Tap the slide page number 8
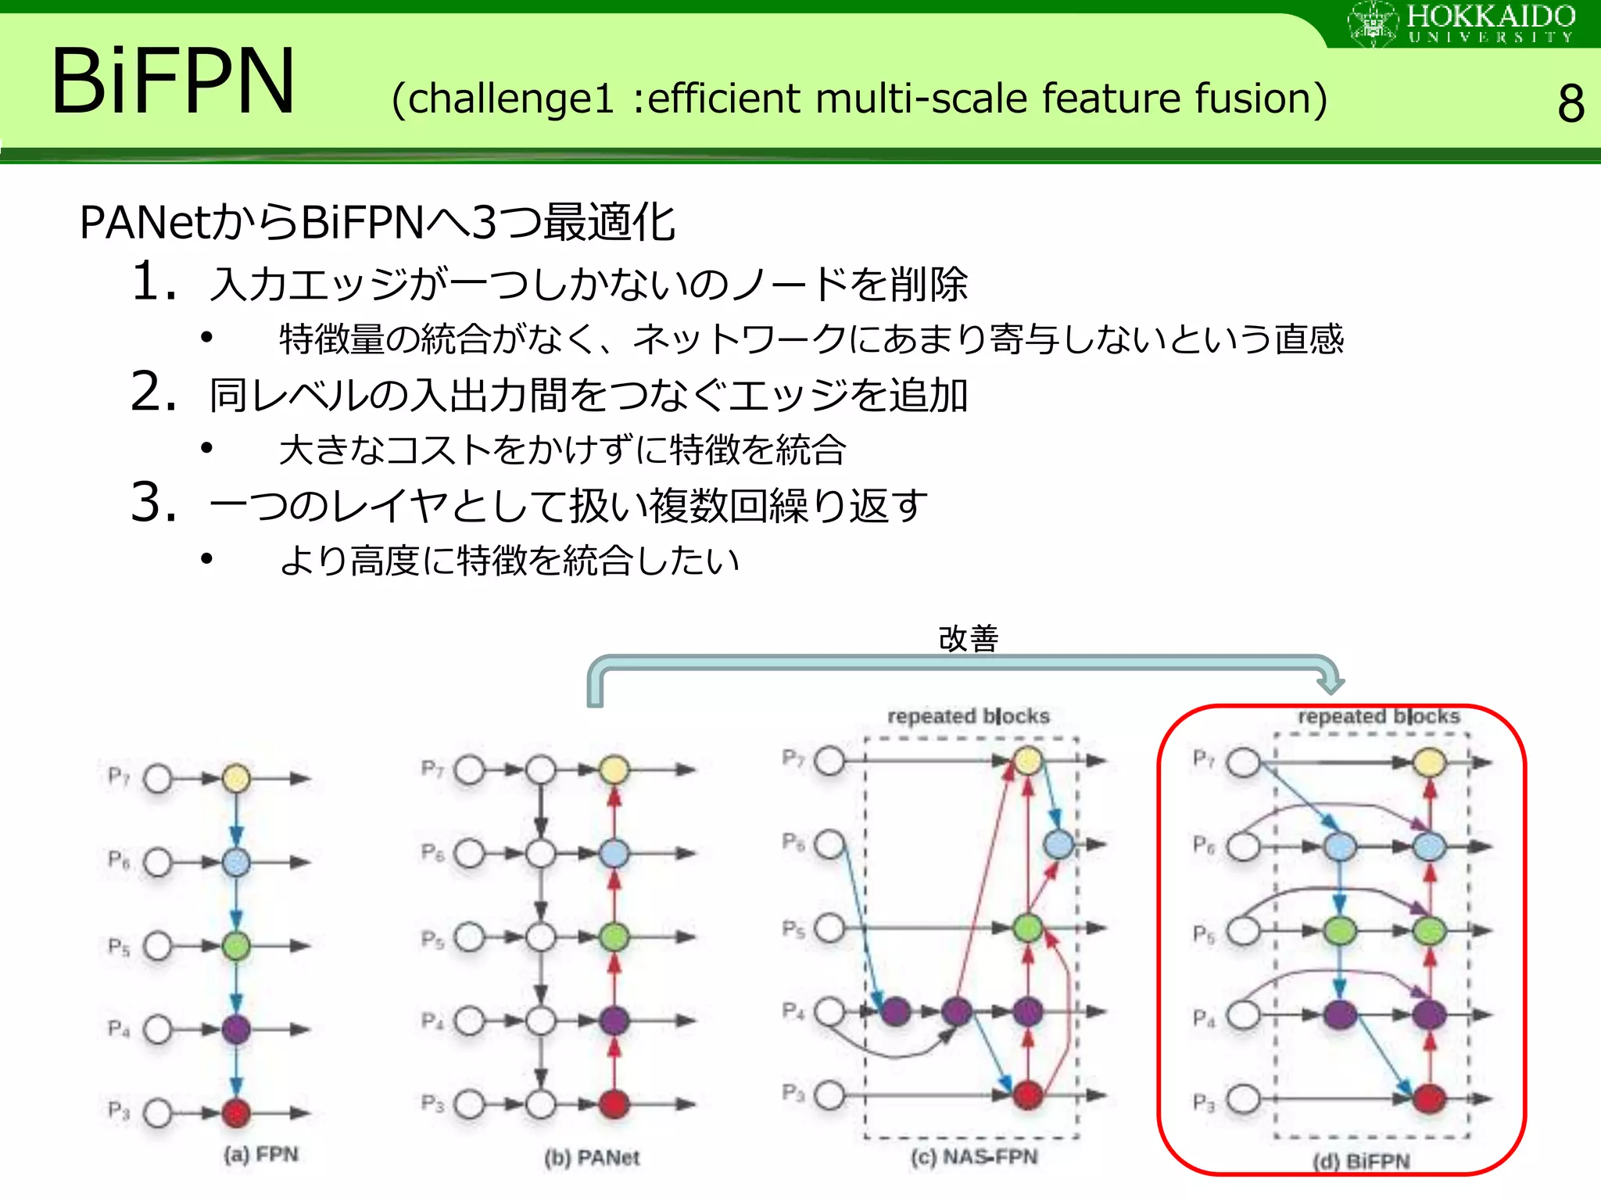pos(1571,104)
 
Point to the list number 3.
pos(154,502)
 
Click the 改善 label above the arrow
pos(968,639)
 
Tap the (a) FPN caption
pos(261,1154)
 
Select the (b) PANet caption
pos(592,1157)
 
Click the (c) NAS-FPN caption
pos(974,1156)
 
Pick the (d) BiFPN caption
pos(1361,1161)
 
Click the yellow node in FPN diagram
pos(236,778)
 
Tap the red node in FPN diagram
pos(236,1112)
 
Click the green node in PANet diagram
pos(614,937)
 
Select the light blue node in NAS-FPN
pos(1059,844)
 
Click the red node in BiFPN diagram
pos(1430,1099)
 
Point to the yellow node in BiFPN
pos(1430,762)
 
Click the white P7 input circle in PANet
pos(470,770)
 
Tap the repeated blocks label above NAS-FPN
pos(968,715)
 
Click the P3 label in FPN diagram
pos(118,1110)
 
